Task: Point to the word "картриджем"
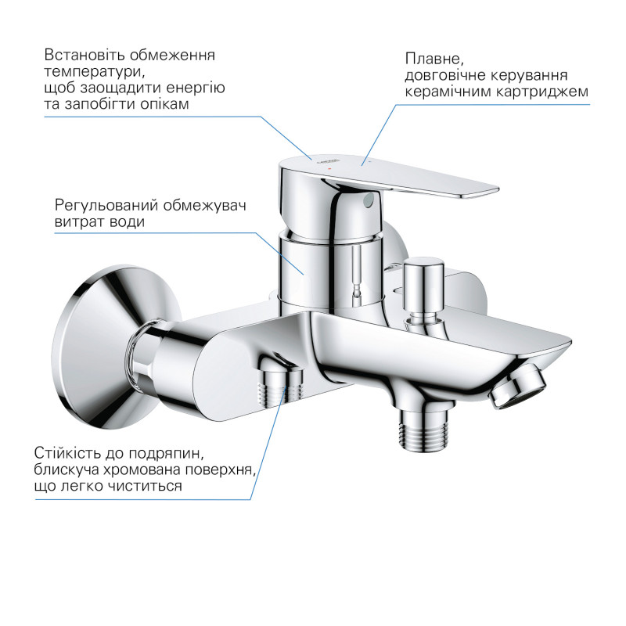click(x=547, y=92)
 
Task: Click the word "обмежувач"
click(x=206, y=206)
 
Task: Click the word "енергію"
click(x=197, y=88)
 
